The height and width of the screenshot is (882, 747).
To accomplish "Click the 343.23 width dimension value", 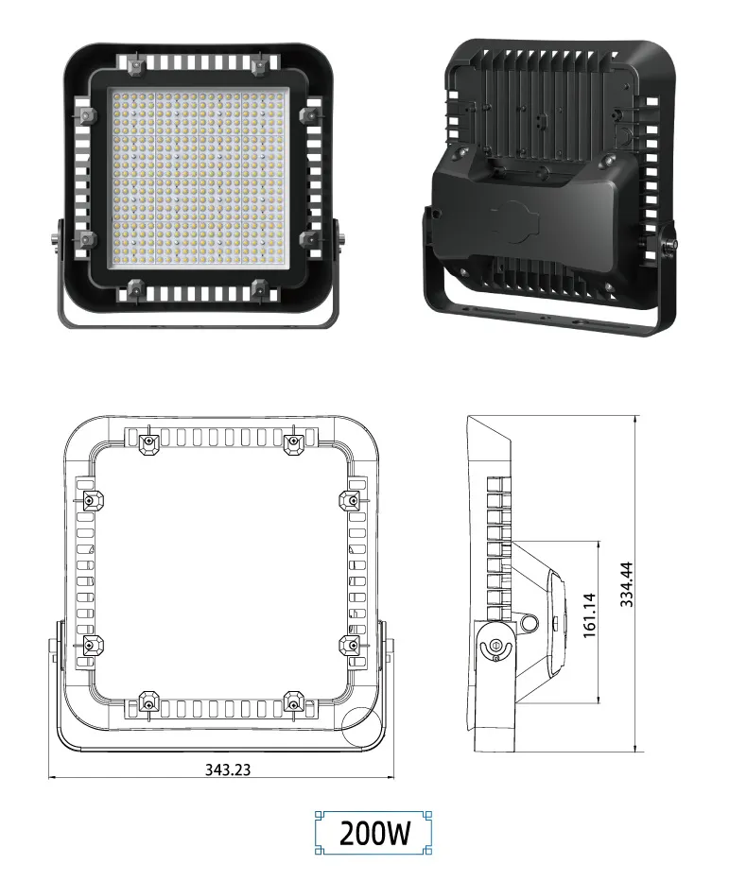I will (228, 769).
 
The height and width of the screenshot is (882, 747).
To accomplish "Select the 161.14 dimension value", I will (588, 615).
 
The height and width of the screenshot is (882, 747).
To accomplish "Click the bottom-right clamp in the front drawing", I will (294, 700).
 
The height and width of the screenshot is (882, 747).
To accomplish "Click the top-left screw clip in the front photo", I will (133, 65).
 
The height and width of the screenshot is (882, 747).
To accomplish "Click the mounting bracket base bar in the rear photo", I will (548, 318).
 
